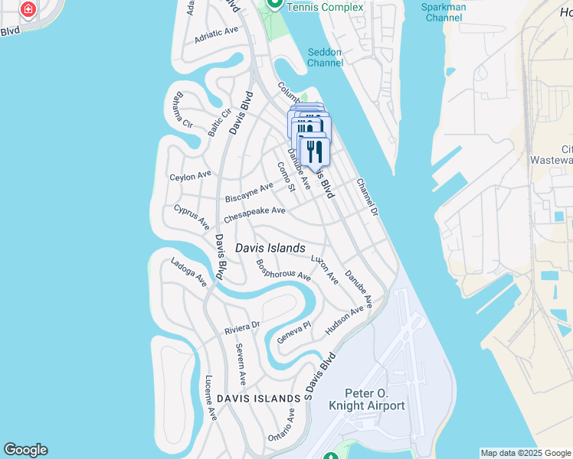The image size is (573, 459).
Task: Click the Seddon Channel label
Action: pyautogui.click(x=325, y=57)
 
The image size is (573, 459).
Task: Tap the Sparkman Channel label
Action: pyautogui.click(x=444, y=11)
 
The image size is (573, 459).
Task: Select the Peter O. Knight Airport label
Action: pyautogui.click(x=366, y=399)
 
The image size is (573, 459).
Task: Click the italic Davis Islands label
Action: pyautogui.click(x=270, y=248)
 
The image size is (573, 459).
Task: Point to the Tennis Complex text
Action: pyautogui.click(x=319, y=6)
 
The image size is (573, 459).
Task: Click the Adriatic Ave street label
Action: pyautogui.click(x=217, y=34)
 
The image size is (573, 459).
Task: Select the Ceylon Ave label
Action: pyautogui.click(x=190, y=175)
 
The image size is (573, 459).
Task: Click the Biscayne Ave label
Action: pyautogui.click(x=249, y=192)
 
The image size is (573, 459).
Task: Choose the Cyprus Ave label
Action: pyautogui.click(x=192, y=216)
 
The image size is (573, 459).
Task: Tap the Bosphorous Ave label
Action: pyautogui.click(x=283, y=269)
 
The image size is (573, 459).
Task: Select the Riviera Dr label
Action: pyautogui.click(x=242, y=327)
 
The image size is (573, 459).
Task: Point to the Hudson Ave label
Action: pyautogui.click(x=344, y=319)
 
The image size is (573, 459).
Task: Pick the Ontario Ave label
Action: pyautogui.click(x=281, y=425)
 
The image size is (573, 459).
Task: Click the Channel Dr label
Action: pyautogui.click(x=368, y=197)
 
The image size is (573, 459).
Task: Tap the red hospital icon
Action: pyautogui.click(x=28, y=10)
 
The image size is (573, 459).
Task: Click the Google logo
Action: pyautogui.click(x=25, y=450)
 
